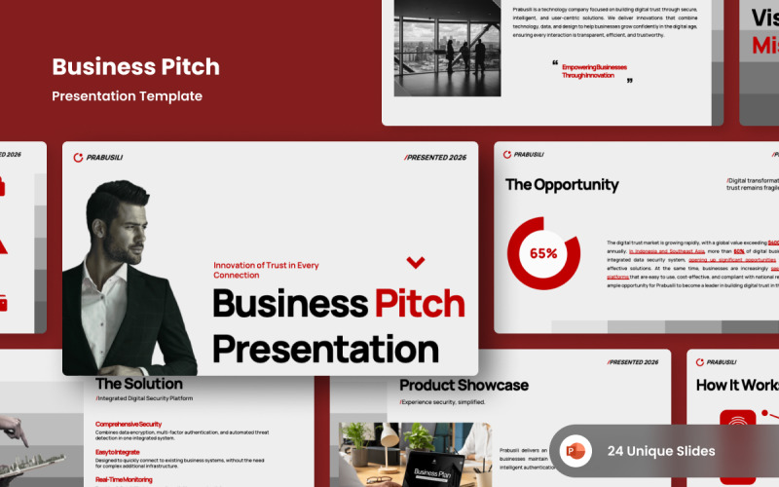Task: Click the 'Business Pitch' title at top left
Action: (x=135, y=67)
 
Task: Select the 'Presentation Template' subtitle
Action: (x=127, y=96)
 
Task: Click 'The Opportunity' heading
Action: (x=562, y=184)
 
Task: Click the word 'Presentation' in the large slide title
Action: (x=325, y=348)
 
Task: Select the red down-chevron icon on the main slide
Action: (x=416, y=261)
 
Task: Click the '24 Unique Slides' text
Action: (x=661, y=451)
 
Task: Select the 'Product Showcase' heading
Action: (x=464, y=385)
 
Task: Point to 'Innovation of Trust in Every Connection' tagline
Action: (x=266, y=270)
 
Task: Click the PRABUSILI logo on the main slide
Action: (x=98, y=157)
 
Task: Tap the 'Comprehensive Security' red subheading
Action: (x=129, y=425)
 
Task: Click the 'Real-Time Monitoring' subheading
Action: (x=124, y=479)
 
